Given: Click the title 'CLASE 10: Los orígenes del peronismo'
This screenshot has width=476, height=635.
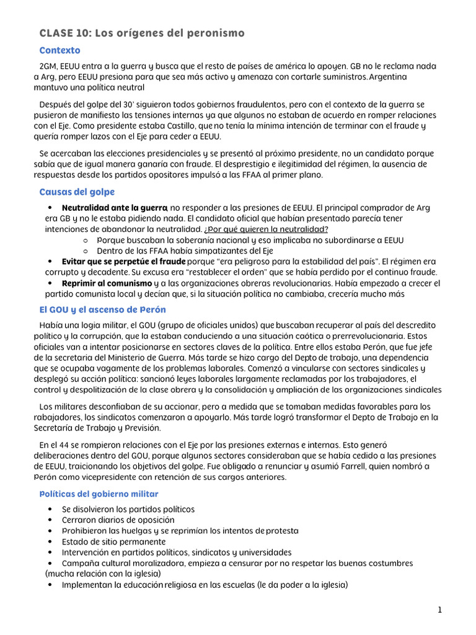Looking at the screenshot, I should (x=142, y=33).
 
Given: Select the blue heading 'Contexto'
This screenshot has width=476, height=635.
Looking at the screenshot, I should (x=59, y=50).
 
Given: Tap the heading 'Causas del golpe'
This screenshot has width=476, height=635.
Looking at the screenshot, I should (x=77, y=192).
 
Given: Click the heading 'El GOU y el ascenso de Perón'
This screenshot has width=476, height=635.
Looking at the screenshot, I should (x=102, y=309).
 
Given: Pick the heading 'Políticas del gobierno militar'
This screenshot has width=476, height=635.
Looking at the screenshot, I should (x=99, y=494).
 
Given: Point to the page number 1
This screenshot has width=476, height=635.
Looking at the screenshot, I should (x=439, y=610).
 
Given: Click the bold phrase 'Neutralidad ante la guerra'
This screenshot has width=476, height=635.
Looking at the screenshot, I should (x=115, y=208).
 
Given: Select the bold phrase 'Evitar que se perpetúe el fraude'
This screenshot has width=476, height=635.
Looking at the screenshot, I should (x=123, y=262).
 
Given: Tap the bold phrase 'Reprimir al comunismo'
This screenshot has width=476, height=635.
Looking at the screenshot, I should (x=107, y=283).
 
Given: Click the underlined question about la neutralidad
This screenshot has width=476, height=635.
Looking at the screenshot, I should (x=266, y=229).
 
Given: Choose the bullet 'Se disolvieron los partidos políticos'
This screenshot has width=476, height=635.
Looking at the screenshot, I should (x=128, y=509).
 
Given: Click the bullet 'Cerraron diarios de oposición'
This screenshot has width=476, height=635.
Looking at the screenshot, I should (x=118, y=520).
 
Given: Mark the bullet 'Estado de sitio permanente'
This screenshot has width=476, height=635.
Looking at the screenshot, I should (x=113, y=541).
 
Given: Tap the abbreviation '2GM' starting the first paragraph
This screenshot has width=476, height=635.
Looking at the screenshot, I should (x=49, y=66).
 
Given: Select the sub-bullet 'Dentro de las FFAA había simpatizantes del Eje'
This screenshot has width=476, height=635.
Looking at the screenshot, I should (x=185, y=251).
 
